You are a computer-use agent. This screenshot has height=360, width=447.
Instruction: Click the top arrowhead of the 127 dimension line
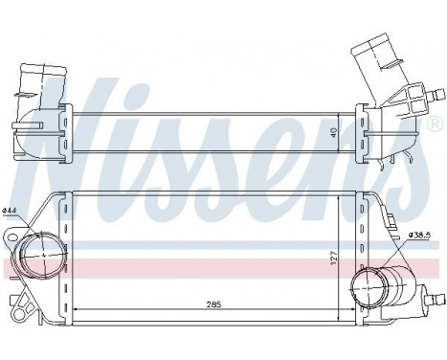(x=339, y=197)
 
